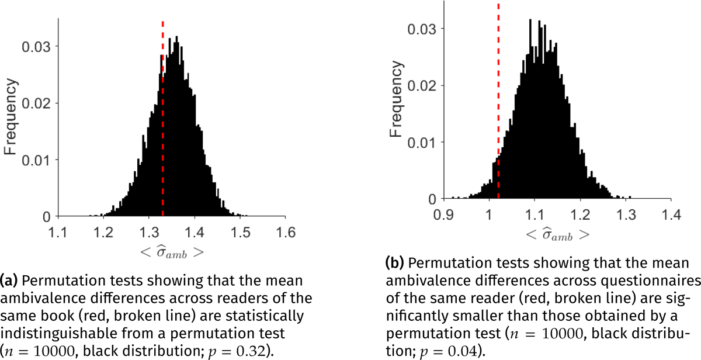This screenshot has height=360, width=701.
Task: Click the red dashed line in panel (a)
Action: point(162,117)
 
